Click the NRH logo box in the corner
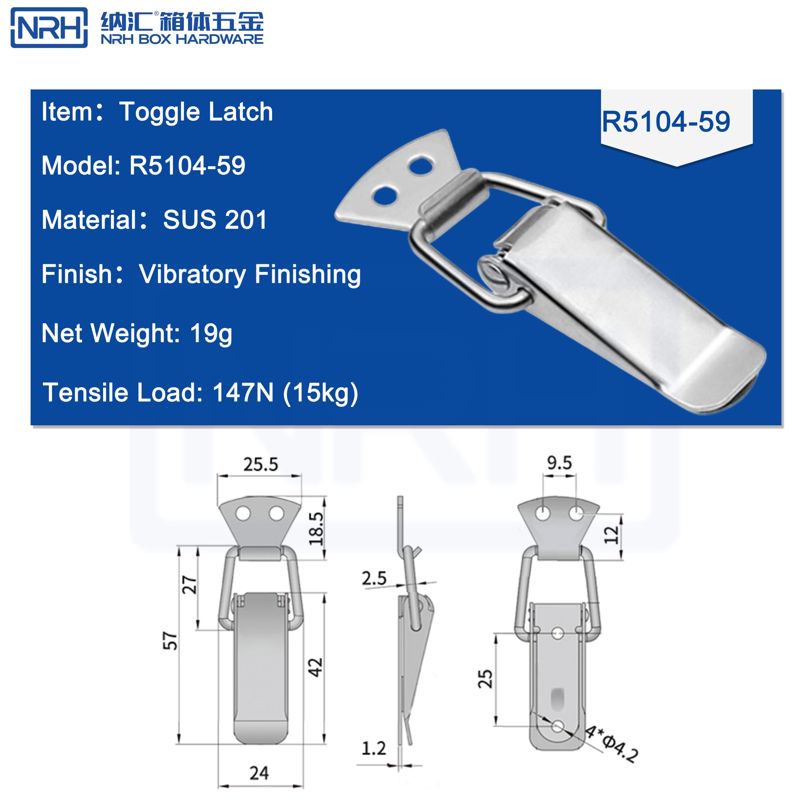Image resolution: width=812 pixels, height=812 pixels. coord(49,28)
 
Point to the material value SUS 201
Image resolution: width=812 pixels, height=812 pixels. coord(215,219)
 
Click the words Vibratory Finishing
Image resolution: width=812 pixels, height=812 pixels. coord(250,274)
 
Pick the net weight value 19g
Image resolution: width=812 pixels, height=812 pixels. coord(211,333)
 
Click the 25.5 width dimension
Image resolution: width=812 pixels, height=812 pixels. coord(261,464)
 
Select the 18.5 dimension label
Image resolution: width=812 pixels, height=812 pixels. coord(316,528)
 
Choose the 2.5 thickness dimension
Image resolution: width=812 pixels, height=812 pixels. coord(374,579)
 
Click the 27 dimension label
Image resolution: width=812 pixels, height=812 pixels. coord(189,585)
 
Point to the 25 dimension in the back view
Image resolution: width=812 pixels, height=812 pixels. coord(485,678)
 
